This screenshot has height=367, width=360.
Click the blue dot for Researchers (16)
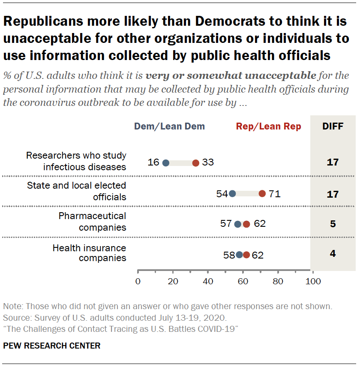point(166,163)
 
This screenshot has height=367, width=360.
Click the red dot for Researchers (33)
point(195,163)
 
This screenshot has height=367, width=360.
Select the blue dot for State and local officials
point(232,193)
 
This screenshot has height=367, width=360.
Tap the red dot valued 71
point(262,193)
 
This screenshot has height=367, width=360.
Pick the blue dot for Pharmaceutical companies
point(238,224)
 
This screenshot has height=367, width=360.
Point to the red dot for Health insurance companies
point(246,255)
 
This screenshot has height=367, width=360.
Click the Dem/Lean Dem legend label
point(169,126)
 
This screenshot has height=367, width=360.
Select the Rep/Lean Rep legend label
point(269,126)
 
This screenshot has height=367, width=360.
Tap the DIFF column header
point(333,126)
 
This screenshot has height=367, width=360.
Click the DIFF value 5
point(333,224)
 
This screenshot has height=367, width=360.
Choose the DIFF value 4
point(333,254)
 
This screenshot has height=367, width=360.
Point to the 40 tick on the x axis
point(208,282)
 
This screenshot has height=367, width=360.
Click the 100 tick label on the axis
point(313,282)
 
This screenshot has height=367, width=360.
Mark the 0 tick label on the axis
point(138,282)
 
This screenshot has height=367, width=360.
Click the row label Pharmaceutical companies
point(92,221)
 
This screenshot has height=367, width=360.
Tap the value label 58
point(228,256)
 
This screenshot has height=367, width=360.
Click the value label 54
point(222,194)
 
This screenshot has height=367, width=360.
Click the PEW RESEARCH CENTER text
point(52,346)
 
